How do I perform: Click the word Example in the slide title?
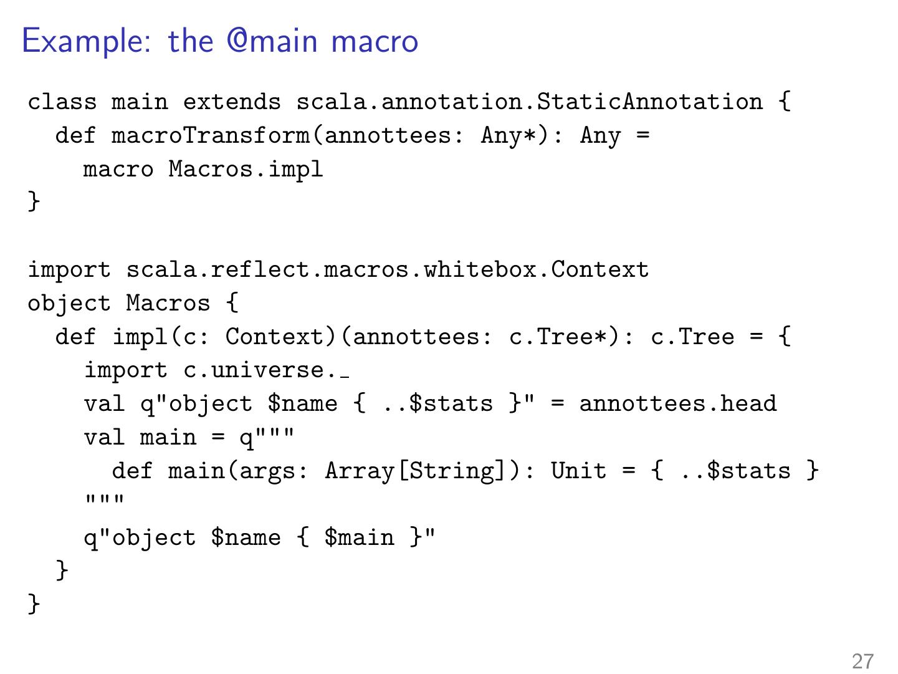[x=85, y=42]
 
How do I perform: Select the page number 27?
[x=862, y=661]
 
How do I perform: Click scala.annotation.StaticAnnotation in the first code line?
[x=529, y=102]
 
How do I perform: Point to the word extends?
[x=231, y=102]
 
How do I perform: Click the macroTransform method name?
[x=210, y=135]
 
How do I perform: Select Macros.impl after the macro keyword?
[x=246, y=169]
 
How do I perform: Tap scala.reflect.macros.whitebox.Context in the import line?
[x=387, y=270]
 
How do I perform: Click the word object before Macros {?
[x=69, y=304]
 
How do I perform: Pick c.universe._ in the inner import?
[x=266, y=371]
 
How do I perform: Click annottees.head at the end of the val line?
[x=678, y=404]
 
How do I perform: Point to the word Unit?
[x=578, y=471]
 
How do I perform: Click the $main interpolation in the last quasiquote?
[x=359, y=538]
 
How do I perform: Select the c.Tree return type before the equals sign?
[x=692, y=337]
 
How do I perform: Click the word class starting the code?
[x=62, y=102]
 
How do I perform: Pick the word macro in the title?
[x=375, y=42]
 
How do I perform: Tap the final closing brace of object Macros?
[x=34, y=604]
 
